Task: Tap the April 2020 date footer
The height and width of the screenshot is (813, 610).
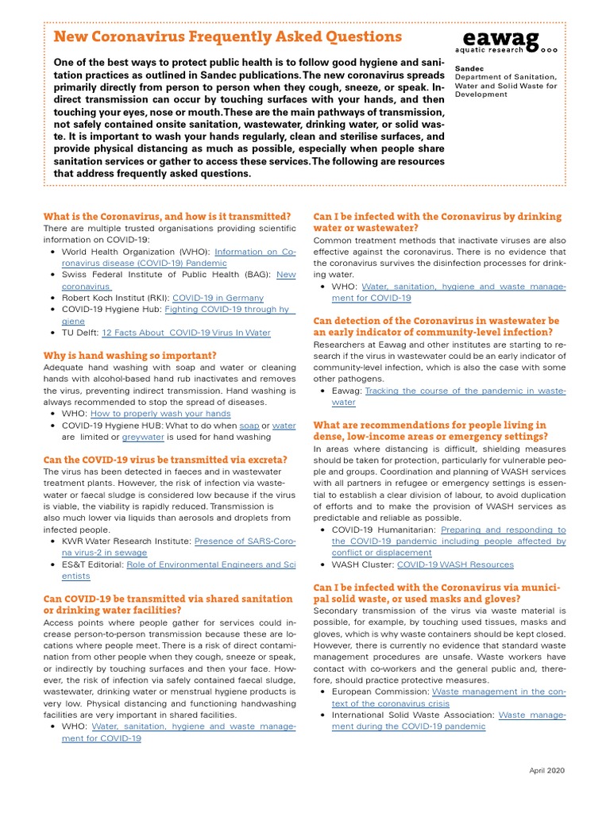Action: click(548, 771)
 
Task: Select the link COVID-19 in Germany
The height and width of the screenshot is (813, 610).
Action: click(209, 297)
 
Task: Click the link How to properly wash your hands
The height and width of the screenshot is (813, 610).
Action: click(160, 414)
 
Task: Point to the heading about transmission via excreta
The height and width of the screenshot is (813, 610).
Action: click(165, 460)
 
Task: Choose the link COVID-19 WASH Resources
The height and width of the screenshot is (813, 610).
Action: click(455, 564)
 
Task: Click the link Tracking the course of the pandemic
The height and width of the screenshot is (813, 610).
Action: click(465, 391)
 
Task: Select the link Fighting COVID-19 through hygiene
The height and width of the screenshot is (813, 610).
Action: click(226, 309)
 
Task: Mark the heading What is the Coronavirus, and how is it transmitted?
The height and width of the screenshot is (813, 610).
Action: click(167, 216)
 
